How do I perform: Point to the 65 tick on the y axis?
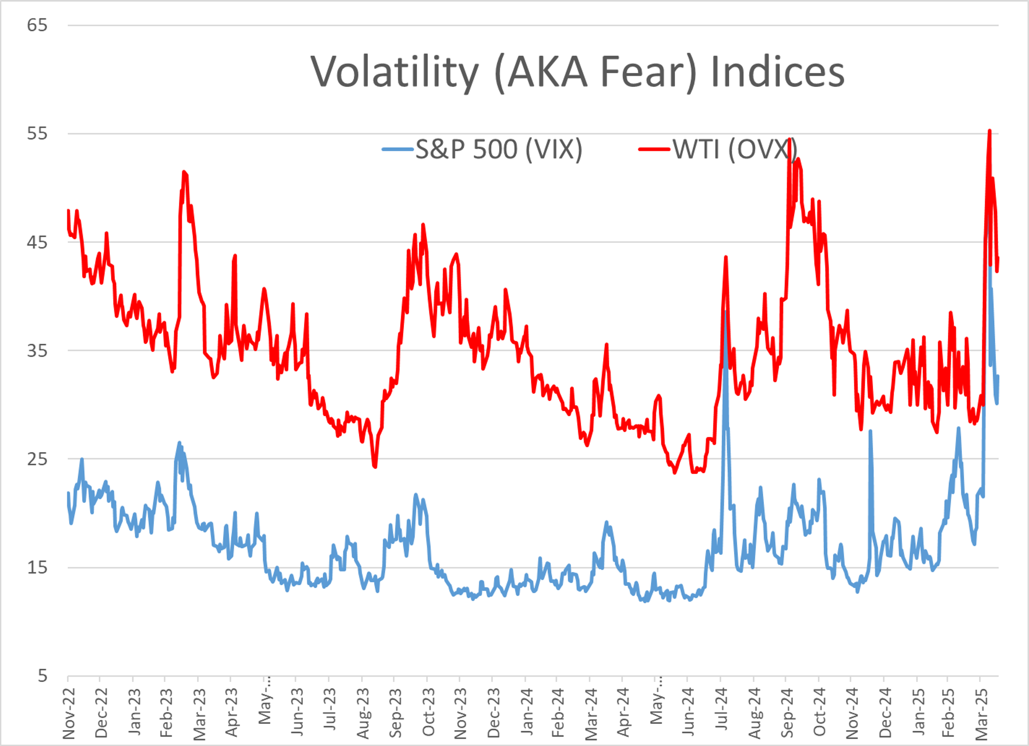click(37, 25)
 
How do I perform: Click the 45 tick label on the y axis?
click(37, 242)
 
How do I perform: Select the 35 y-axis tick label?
click(37, 351)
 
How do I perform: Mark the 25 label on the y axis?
click(37, 459)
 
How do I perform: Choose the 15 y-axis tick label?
click(37, 567)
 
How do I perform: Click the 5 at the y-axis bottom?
click(42, 676)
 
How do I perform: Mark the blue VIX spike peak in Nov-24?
click(870, 431)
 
